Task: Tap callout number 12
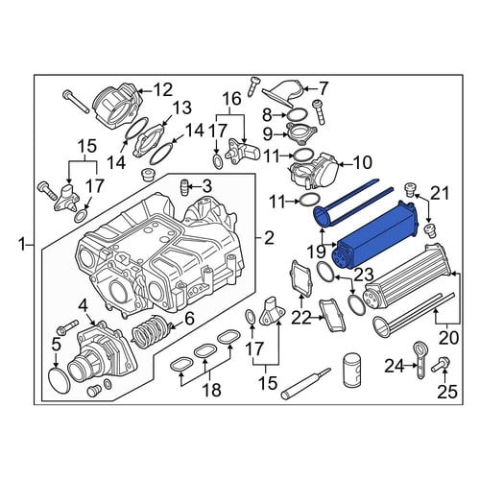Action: click(x=163, y=90)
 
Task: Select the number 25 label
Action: click(x=447, y=392)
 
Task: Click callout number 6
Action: click(x=189, y=319)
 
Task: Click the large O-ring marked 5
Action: click(x=60, y=380)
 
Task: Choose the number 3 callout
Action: click(x=206, y=186)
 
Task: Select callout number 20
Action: click(x=448, y=338)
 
